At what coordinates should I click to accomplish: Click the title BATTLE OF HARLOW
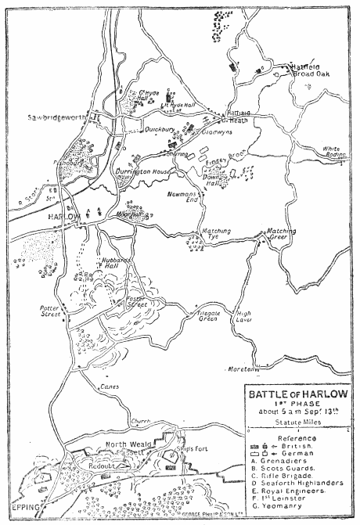(x=296, y=394)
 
